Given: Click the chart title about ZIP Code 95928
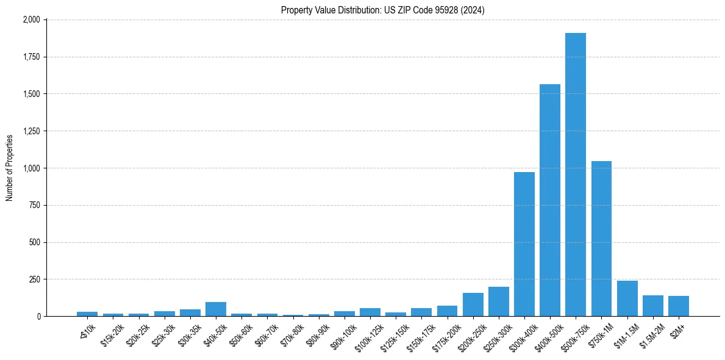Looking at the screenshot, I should point(383,10).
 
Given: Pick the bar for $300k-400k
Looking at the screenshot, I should point(524,244).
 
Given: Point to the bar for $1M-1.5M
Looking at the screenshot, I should point(627,298).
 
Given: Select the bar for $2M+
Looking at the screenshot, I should point(679,306).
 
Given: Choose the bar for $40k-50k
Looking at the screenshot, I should point(216,309).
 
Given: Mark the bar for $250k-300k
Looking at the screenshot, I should point(499,301).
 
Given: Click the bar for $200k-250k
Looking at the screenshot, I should point(473,304).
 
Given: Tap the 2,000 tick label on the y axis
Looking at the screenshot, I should point(31,20).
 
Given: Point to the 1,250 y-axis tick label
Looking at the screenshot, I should point(31,131).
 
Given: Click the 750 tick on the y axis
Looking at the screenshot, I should point(34,205).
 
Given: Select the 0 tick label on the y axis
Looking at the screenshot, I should point(38,316).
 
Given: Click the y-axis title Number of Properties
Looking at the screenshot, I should point(10,168).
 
